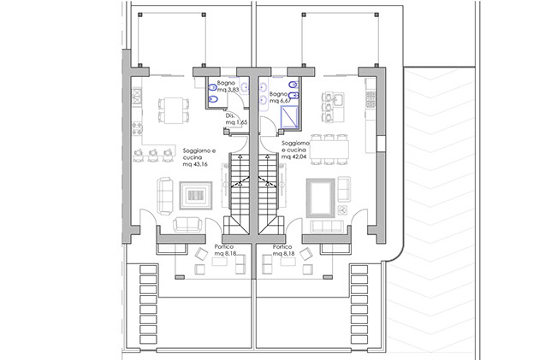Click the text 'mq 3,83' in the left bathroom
[228, 90]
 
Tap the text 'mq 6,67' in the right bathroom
[281, 101]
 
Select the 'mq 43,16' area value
[195, 164]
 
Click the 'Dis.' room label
[229, 115]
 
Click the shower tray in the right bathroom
[289, 117]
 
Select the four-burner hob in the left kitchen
[137, 127]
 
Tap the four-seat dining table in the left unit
[174, 110]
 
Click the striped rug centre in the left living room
[195, 195]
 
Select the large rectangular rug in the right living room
[320, 198]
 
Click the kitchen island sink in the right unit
[339, 99]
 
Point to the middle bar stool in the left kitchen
[153, 155]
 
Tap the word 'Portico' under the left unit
[224, 247]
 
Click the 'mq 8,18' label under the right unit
[283, 253]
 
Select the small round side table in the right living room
[343, 210]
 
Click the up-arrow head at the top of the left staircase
[240, 156]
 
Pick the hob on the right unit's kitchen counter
[370, 99]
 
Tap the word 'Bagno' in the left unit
[226, 83]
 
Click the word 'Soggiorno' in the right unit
[295, 143]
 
